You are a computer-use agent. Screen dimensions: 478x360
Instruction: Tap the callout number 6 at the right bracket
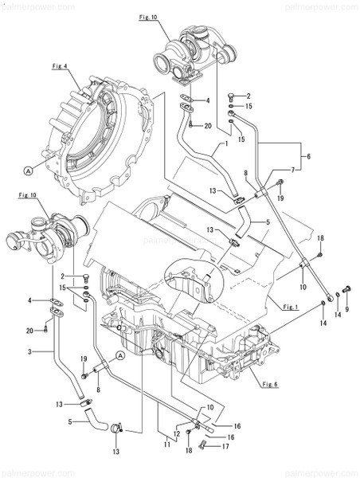click(x=309, y=156)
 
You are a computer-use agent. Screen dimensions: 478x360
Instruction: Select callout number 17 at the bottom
click(x=225, y=446)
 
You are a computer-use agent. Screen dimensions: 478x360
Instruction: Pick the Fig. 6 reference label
click(x=271, y=383)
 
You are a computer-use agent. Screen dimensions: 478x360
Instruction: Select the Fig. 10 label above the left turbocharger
click(x=28, y=194)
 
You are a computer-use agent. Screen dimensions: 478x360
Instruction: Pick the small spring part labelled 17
click(x=209, y=446)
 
